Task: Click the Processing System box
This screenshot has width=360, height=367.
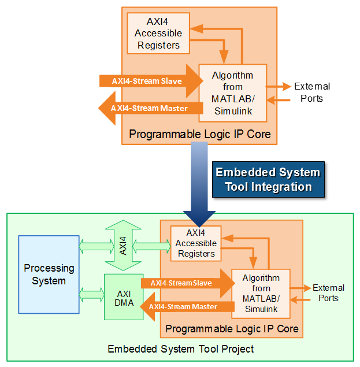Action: click(49, 275)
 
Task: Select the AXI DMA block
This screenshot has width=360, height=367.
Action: click(124, 296)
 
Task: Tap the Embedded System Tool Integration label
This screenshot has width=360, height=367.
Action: click(268, 180)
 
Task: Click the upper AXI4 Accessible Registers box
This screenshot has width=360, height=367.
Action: click(158, 33)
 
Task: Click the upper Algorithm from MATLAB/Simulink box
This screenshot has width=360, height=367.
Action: click(232, 92)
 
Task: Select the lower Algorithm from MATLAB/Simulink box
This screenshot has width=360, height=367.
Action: click(261, 293)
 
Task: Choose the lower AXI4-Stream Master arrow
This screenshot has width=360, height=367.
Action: click(185, 306)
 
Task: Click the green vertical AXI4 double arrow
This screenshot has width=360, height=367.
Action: click(123, 247)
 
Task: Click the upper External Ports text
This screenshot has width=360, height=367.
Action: click(311, 92)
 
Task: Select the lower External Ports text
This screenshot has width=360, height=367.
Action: click(328, 293)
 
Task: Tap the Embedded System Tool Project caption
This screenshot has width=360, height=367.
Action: click(180, 349)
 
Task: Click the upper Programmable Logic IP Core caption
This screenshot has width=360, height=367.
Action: click(199, 134)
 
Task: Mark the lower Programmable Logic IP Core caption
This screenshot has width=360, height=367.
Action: click(232, 329)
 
